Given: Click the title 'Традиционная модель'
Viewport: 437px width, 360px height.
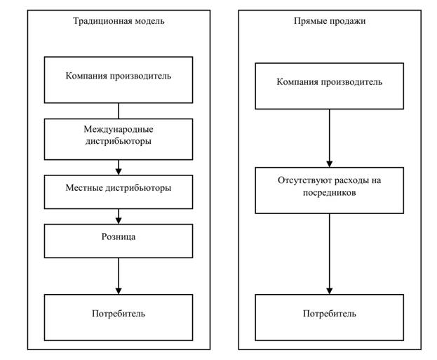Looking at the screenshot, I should [119, 21].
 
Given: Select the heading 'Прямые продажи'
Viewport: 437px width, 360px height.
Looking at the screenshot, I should [329, 21].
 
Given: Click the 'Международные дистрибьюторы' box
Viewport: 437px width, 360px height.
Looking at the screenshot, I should [119, 138].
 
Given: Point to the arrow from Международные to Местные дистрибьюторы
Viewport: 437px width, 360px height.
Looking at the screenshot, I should [119, 168].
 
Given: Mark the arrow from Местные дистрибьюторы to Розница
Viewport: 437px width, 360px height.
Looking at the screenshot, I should [119, 218].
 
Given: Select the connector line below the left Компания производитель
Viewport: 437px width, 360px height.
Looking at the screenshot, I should [119, 111].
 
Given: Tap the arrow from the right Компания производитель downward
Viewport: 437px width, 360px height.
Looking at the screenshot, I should [329, 137].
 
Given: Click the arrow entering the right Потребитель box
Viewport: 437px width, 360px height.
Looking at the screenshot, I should [329, 254].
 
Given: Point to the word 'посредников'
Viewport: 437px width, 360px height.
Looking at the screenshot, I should [329, 192].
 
